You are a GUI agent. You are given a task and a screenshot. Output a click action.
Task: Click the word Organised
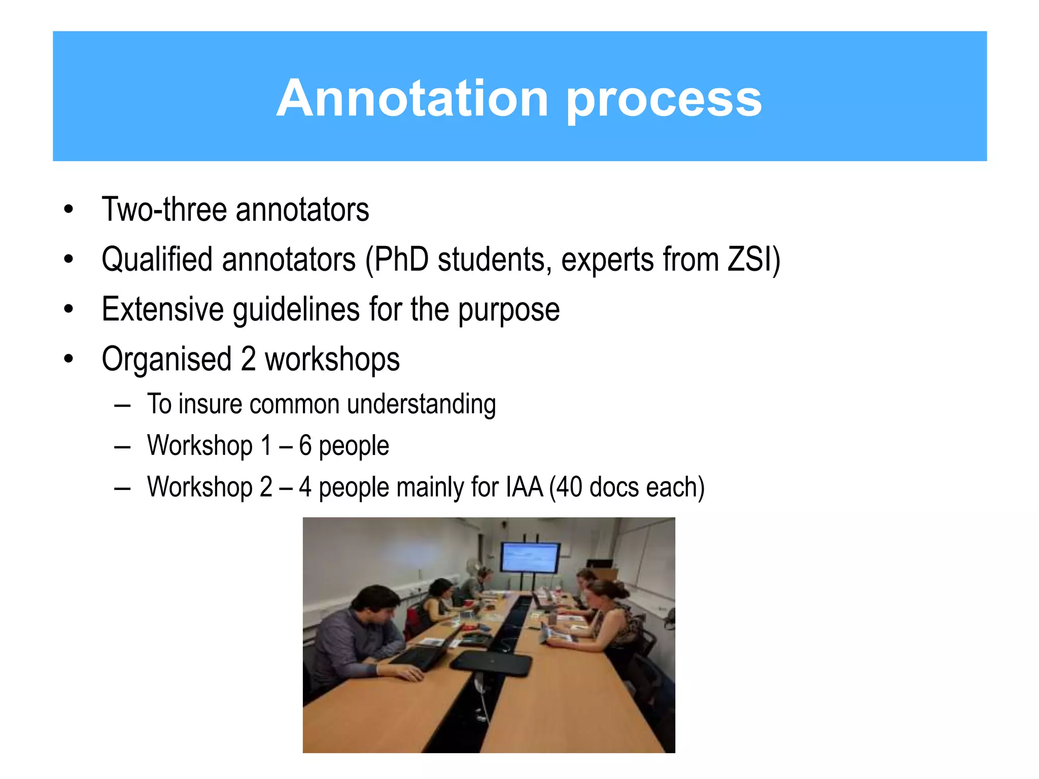166,359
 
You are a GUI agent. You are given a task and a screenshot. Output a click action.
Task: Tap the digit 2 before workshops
248,359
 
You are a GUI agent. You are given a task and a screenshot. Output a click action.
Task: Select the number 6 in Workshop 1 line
305,445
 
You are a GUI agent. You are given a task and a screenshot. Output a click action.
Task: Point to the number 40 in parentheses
569,487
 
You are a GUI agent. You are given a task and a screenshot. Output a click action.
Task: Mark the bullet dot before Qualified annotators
68,260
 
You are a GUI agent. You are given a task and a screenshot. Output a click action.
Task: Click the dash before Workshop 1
122,446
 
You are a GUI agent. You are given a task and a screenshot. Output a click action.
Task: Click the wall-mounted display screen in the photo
530,557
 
